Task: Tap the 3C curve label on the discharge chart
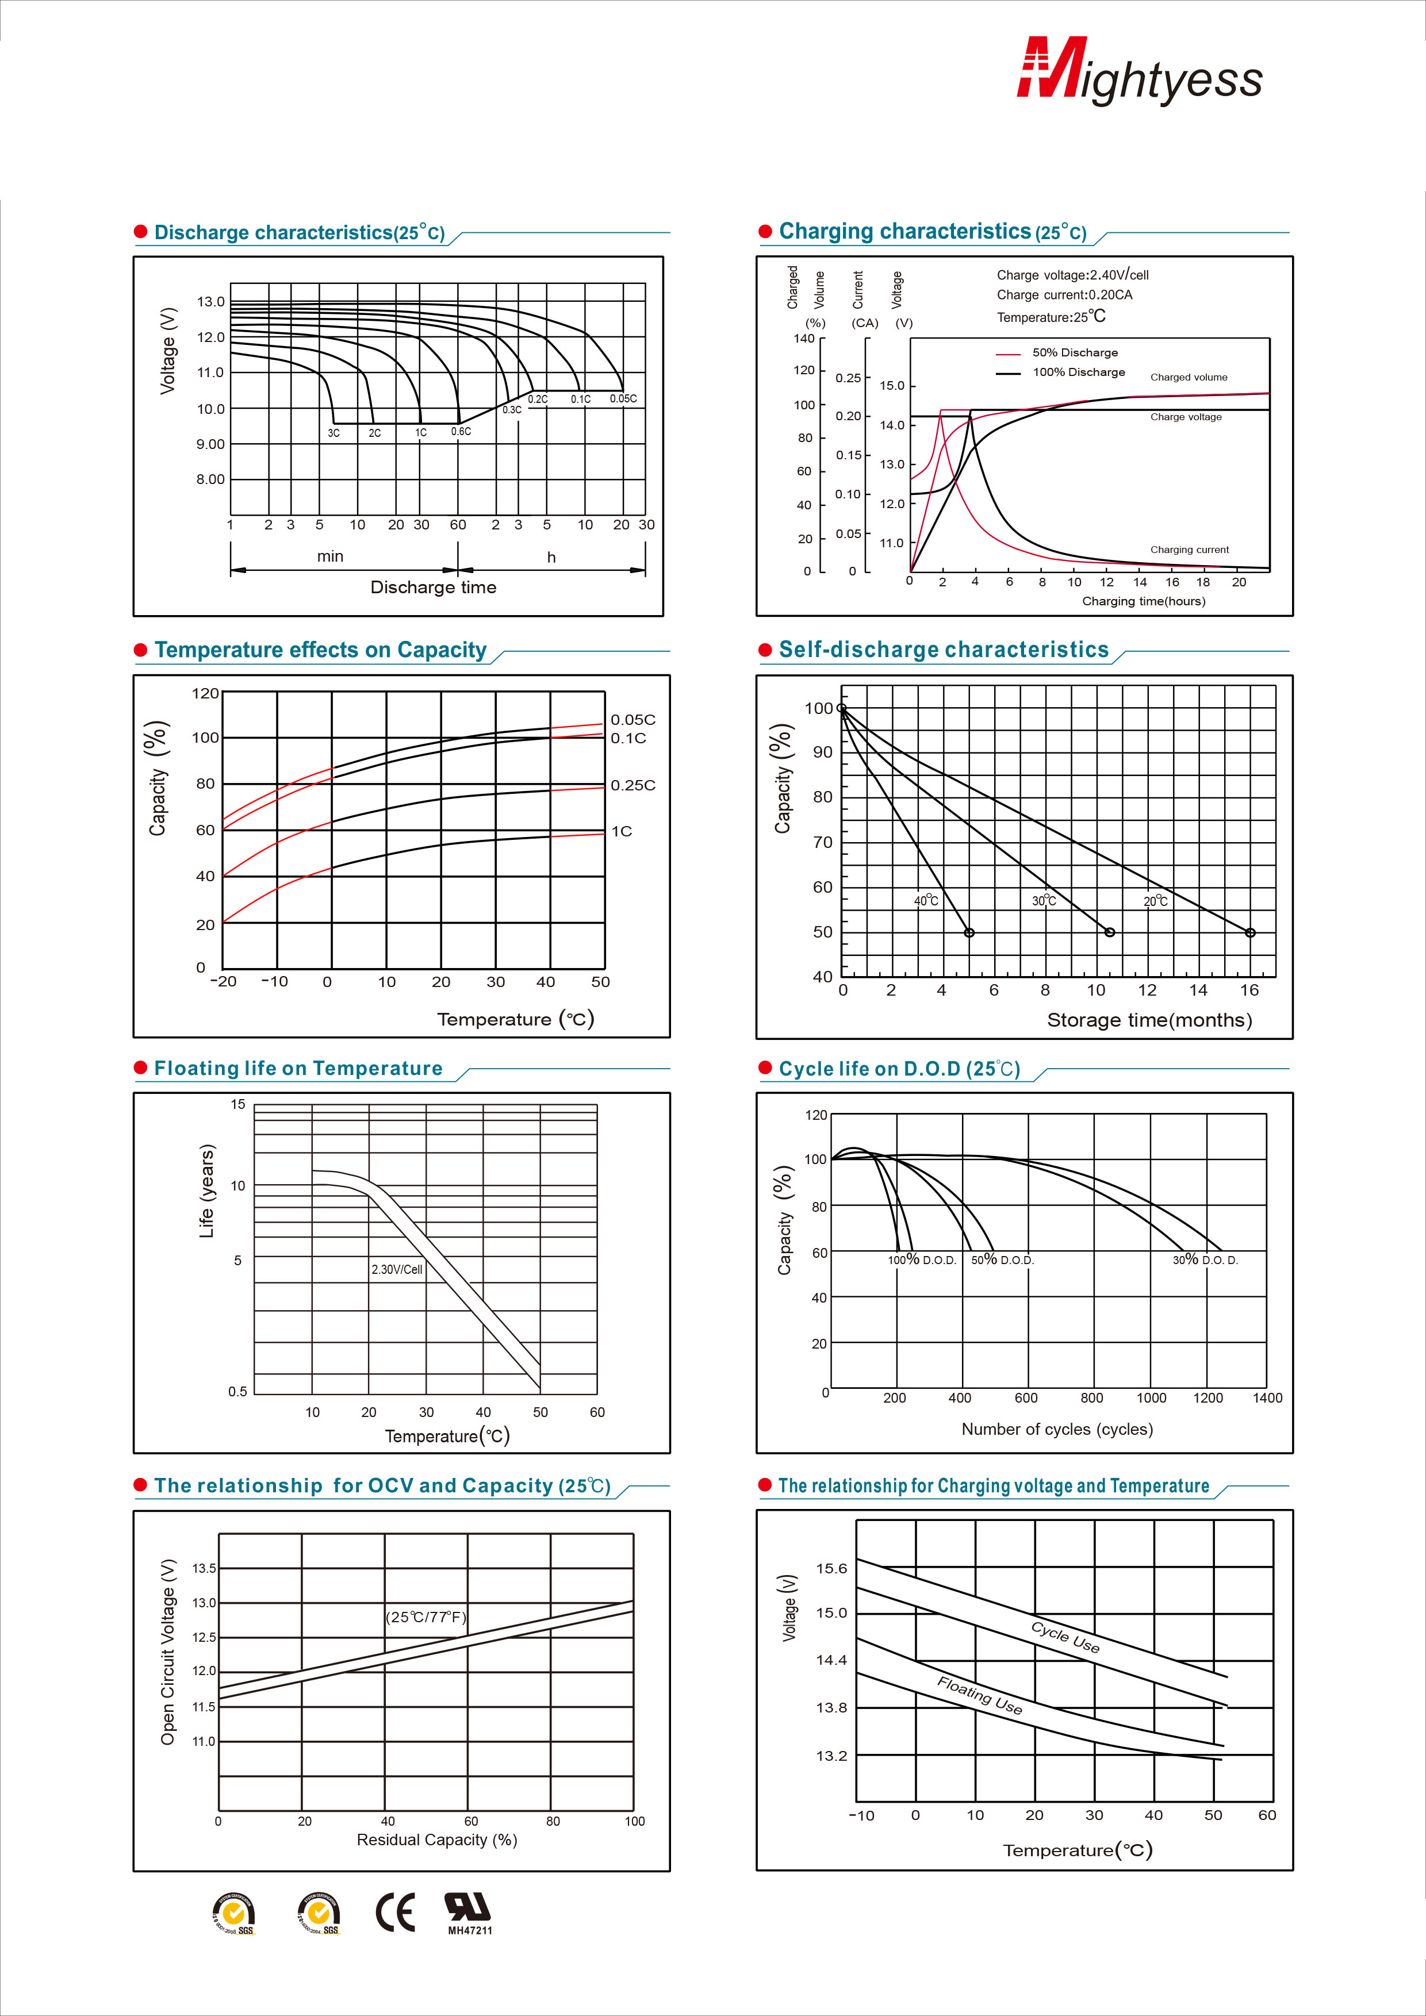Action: [333, 433]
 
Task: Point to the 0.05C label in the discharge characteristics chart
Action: [623, 398]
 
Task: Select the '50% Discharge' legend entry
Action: [1075, 353]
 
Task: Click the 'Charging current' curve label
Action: [1190, 550]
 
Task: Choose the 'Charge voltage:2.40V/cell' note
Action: [1072, 275]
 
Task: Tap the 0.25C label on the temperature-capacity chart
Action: [632, 785]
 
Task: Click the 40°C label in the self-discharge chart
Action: [926, 901]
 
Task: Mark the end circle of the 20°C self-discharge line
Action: [1251, 932]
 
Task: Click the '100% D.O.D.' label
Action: [922, 1260]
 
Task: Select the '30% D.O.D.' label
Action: [1206, 1260]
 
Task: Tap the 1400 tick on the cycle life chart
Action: [1267, 1398]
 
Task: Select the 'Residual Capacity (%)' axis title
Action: [436, 1840]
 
